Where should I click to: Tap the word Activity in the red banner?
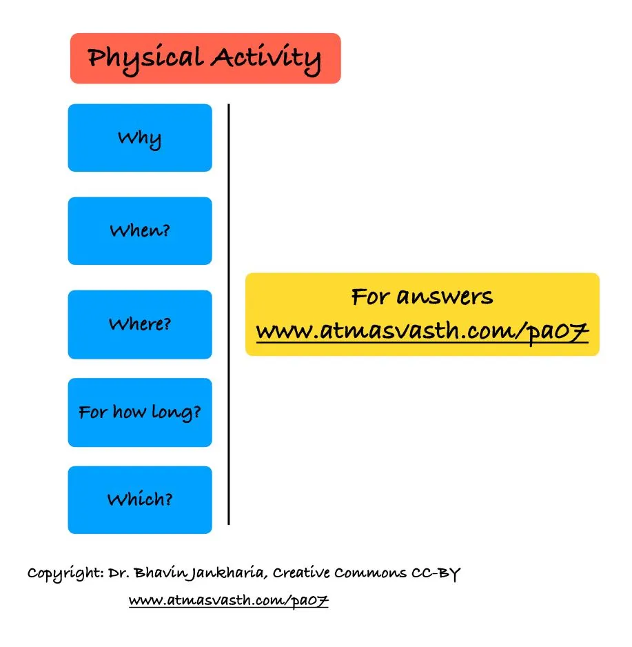coord(266,58)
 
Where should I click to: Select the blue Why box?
coord(140,138)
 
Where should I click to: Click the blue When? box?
coord(140,230)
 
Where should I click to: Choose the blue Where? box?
coord(140,324)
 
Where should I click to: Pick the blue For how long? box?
coord(140,412)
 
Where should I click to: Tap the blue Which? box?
coord(140,499)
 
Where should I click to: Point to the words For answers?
coord(422,297)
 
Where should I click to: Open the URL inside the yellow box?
coord(422,332)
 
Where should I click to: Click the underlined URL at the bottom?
coord(229,601)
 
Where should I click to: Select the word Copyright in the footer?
coord(64,573)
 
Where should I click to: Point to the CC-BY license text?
coord(435,573)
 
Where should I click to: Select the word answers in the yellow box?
coord(445,297)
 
